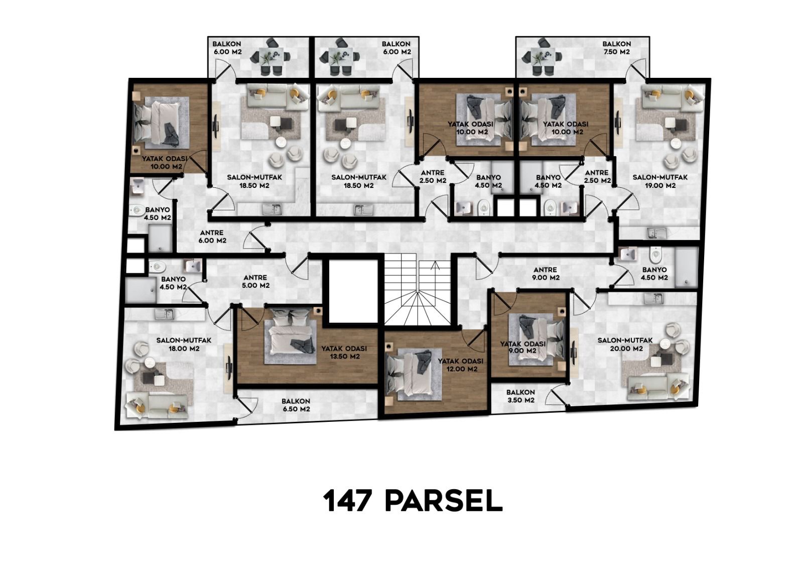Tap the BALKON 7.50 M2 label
point(616,48)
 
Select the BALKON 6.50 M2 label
point(296,405)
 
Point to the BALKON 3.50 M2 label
point(520,396)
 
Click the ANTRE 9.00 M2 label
point(545,274)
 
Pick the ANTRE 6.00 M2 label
point(212,237)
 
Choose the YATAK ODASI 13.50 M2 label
point(344,353)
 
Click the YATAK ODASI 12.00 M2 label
point(461,365)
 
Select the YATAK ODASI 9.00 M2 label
point(523,348)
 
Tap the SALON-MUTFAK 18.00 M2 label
point(184,344)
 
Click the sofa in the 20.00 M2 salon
point(658,388)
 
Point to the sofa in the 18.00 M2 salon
point(157,406)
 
